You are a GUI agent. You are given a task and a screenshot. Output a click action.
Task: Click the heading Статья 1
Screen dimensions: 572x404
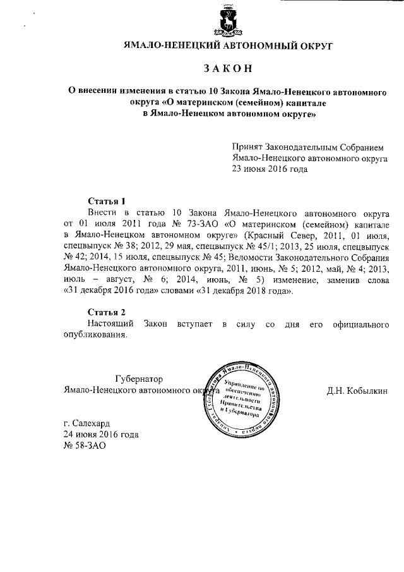click(x=106, y=200)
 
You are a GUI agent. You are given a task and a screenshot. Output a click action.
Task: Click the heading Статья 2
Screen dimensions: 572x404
click(x=106, y=312)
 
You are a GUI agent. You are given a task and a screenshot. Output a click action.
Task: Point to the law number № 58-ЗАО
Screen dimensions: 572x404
click(x=85, y=445)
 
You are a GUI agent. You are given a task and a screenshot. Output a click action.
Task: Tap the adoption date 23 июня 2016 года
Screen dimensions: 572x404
click(x=271, y=169)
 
